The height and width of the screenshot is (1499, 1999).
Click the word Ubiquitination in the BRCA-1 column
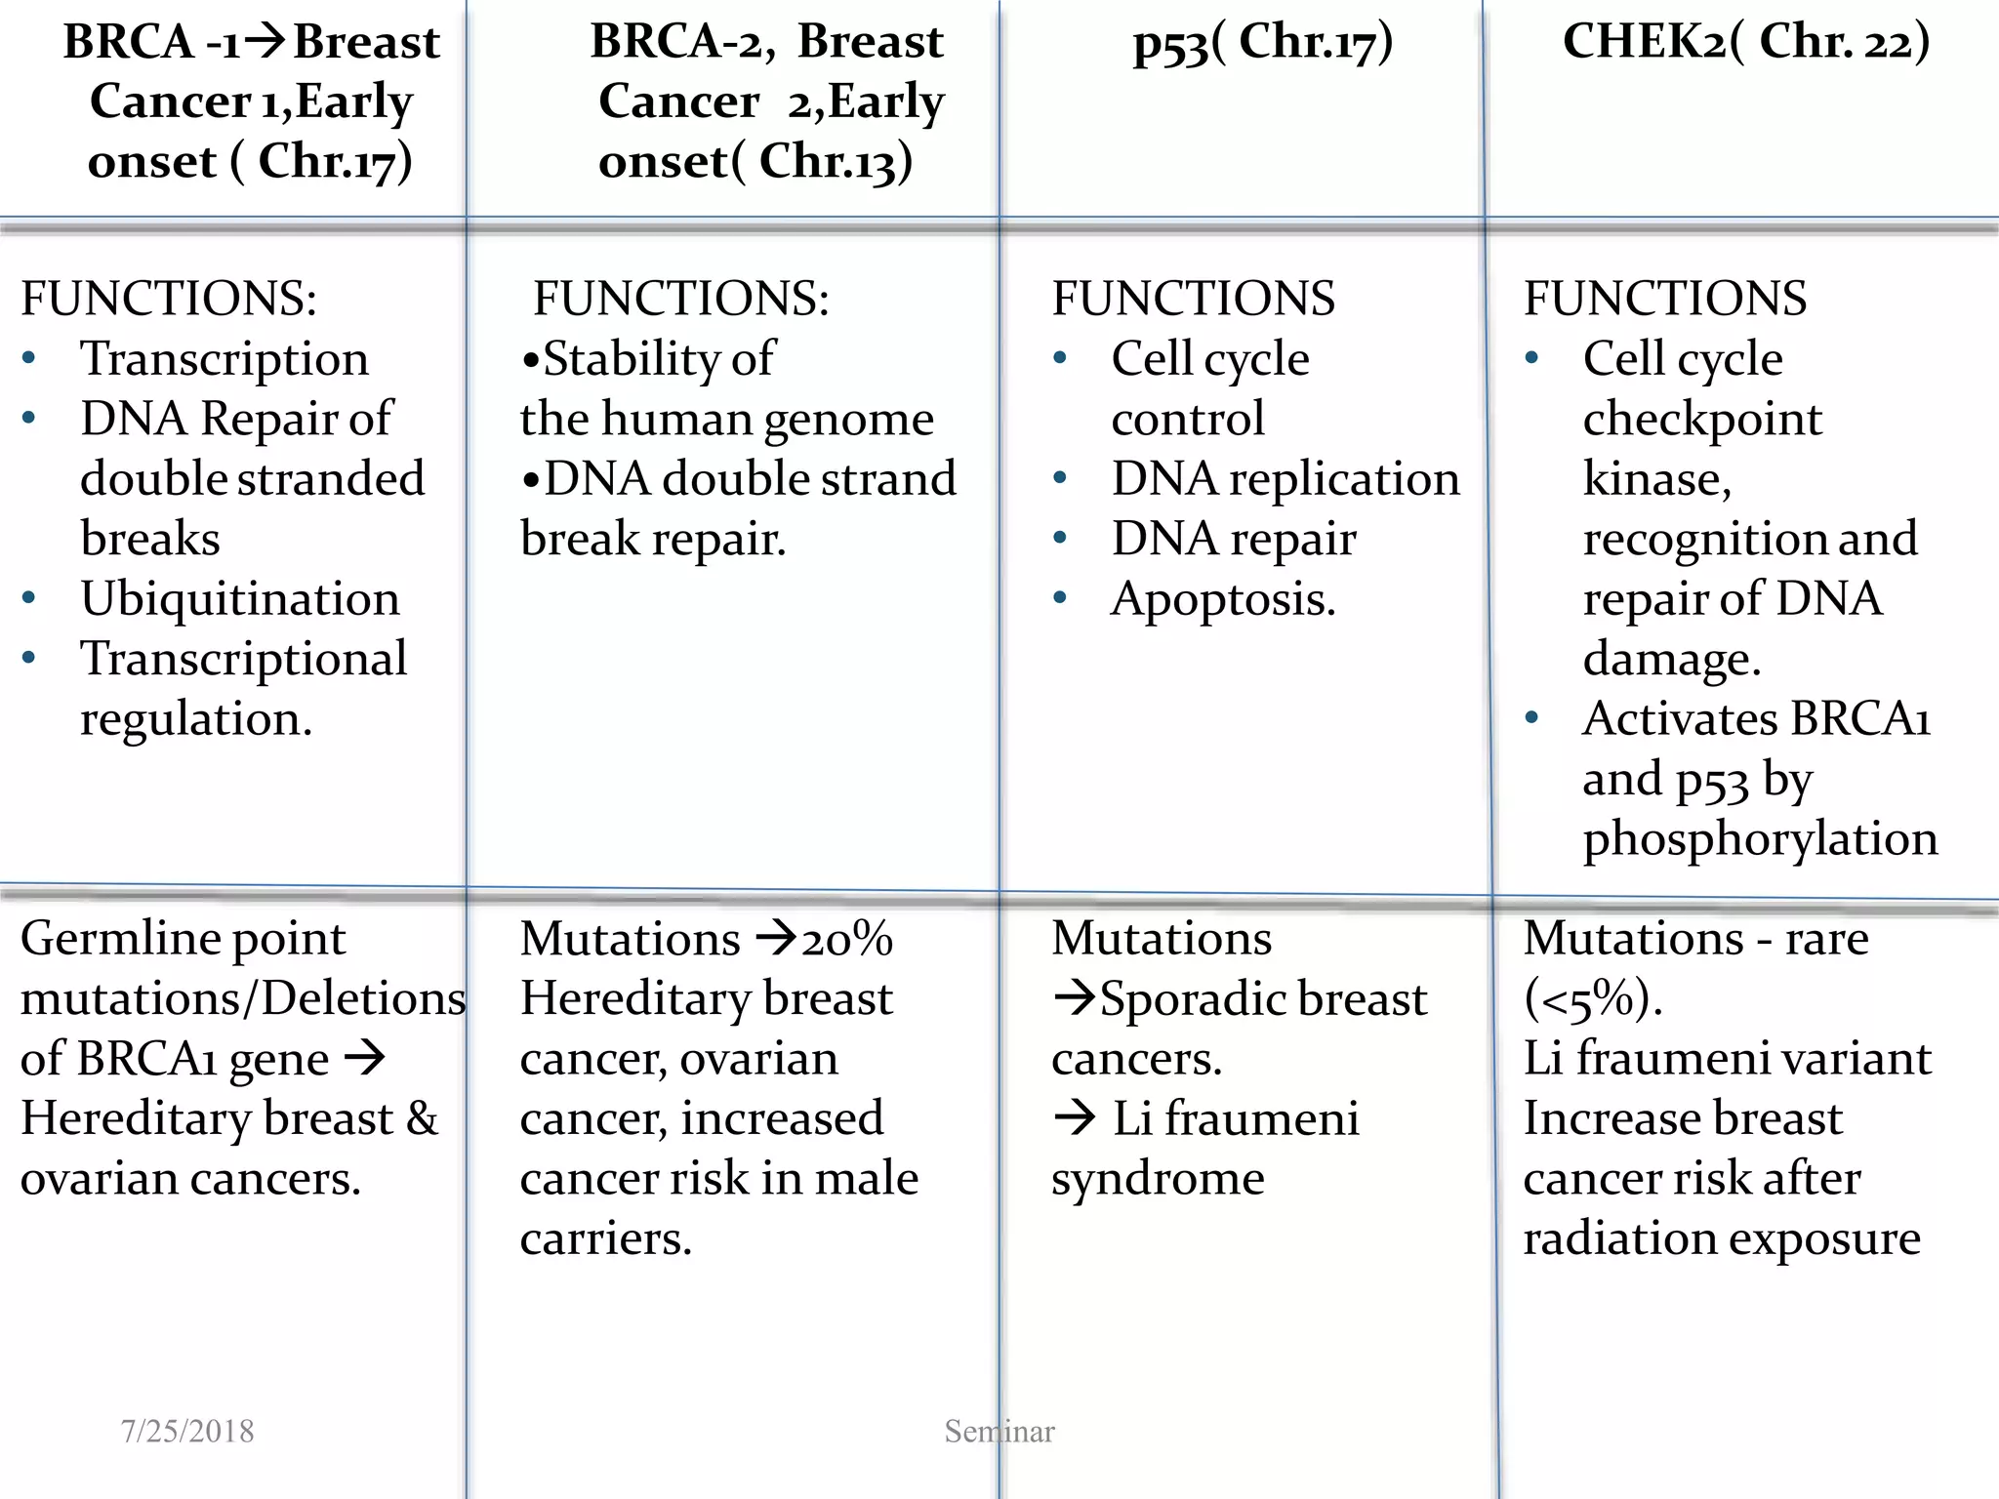tap(240, 599)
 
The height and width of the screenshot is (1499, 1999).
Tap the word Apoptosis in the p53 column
tap(1221, 599)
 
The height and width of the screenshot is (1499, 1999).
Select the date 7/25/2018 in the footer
tap(187, 1431)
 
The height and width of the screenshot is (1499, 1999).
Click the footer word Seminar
tap(999, 1431)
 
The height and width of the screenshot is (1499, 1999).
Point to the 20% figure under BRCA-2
tap(847, 939)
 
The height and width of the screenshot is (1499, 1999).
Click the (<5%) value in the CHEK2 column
tap(1593, 998)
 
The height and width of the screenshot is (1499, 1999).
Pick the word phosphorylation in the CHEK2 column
tap(1760, 839)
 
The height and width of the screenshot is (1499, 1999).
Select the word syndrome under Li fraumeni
tap(1158, 1179)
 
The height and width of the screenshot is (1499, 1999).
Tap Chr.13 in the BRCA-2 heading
tap(836, 162)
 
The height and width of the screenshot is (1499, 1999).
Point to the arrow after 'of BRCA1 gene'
tap(366, 1058)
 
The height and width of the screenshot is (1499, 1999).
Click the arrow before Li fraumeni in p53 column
tap(1076, 1118)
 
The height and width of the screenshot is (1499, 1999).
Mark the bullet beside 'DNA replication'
tap(1060, 478)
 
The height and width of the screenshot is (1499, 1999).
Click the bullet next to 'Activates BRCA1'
tap(1532, 718)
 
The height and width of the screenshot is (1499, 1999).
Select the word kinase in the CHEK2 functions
tap(1655, 479)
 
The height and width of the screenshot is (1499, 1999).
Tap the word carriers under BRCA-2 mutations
tap(605, 1239)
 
